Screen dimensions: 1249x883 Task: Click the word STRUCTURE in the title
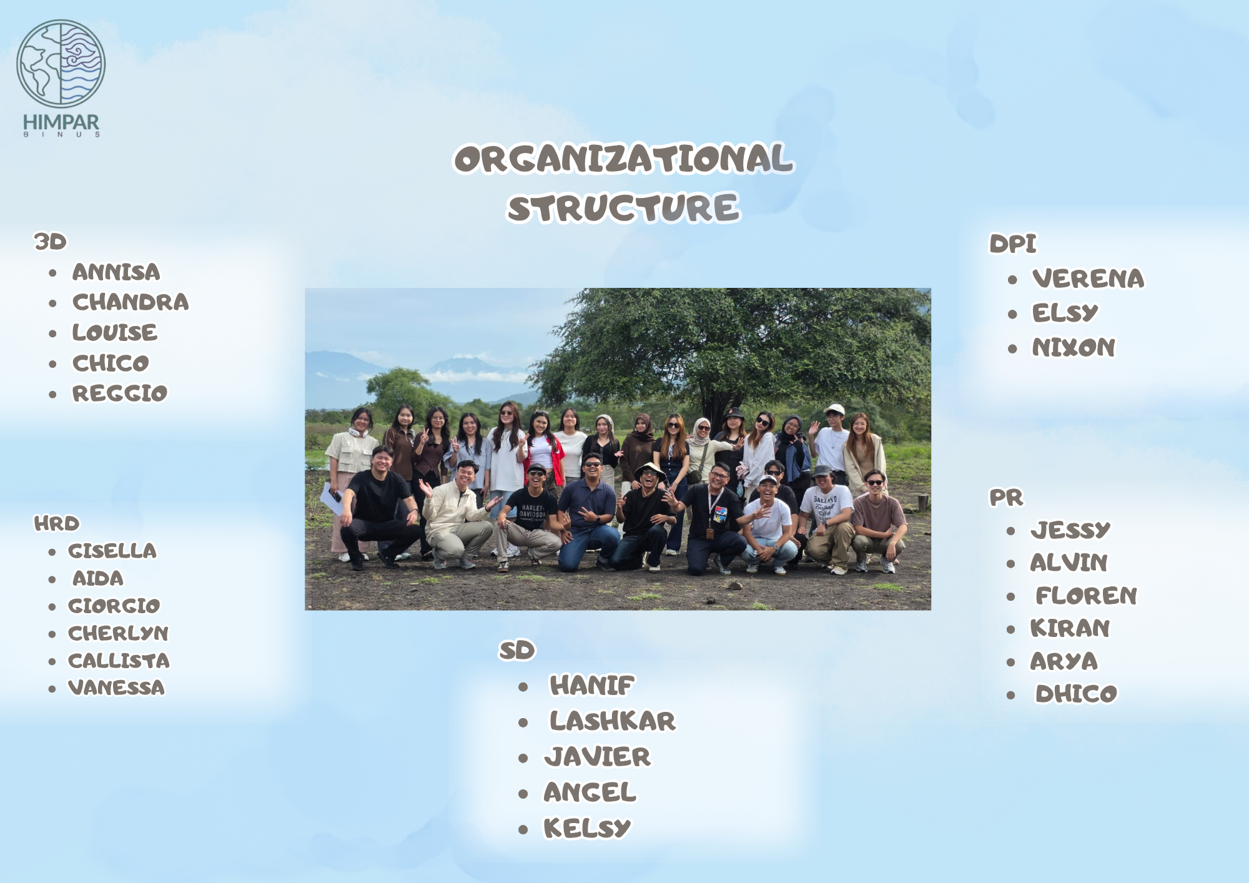click(x=623, y=209)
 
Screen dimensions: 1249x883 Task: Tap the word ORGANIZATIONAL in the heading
click(x=623, y=159)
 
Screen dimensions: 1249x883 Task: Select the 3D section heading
click(x=50, y=242)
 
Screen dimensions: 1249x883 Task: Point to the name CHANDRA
click(x=131, y=302)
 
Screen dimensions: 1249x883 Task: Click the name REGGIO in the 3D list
click(x=120, y=393)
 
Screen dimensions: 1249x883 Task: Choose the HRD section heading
click(x=57, y=523)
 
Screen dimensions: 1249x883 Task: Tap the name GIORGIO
click(x=114, y=606)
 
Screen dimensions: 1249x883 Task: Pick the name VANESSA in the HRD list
click(x=116, y=688)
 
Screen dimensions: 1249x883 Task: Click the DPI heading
click(x=1012, y=244)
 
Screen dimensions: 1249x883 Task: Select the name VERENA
click(x=1088, y=279)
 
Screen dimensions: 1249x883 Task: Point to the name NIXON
click(x=1073, y=347)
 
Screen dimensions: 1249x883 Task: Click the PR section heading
click(x=1006, y=498)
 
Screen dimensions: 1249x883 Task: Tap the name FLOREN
click(x=1086, y=596)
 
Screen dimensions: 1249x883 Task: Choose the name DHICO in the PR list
click(x=1076, y=694)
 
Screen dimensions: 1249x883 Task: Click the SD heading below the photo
click(x=516, y=651)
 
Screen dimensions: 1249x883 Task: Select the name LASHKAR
click(x=612, y=721)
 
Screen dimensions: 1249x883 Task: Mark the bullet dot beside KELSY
click(x=523, y=830)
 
